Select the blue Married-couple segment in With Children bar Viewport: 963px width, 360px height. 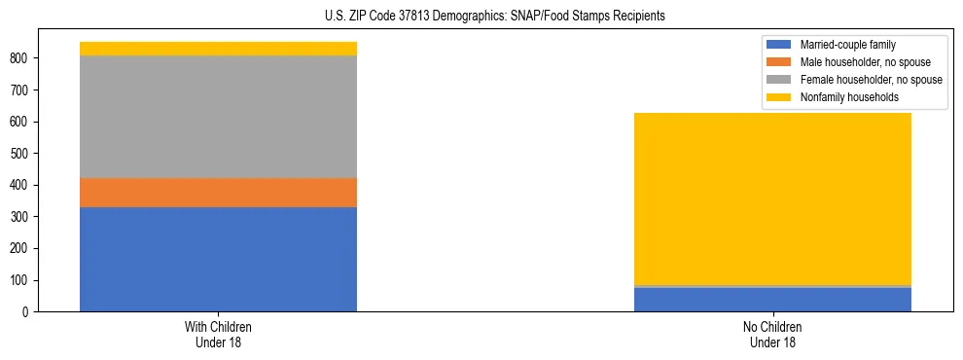point(218,259)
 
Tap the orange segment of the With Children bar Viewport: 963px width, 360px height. point(218,193)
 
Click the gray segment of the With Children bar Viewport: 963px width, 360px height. point(218,117)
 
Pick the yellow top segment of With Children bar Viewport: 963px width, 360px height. point(218,49)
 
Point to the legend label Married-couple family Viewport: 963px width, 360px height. point(847,45)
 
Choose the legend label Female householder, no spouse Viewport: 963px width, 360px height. point(871,80)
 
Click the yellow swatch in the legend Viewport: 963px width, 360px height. point(778,97)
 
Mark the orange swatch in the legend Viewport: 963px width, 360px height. point(778,62)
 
